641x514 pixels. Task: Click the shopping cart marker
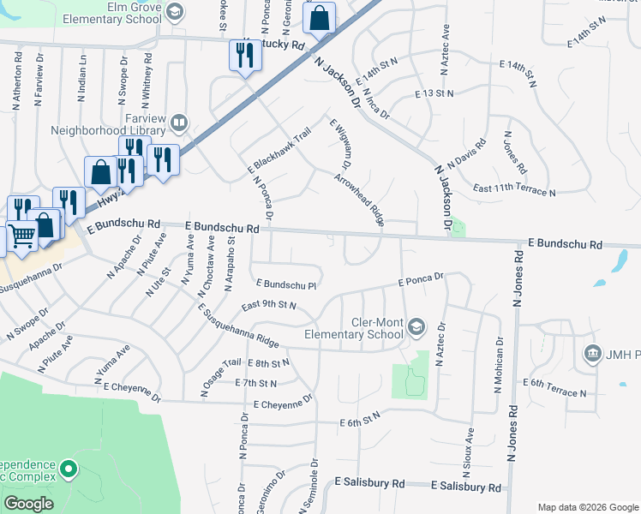[21, 236]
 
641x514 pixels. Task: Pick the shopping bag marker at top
[319, 19]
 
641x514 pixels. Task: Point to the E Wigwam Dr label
[340, 143]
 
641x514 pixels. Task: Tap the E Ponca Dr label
[420, 278]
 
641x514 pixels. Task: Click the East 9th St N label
[268, 305]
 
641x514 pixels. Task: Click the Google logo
[29, 504]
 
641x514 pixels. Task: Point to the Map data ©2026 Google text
[588, 507]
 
